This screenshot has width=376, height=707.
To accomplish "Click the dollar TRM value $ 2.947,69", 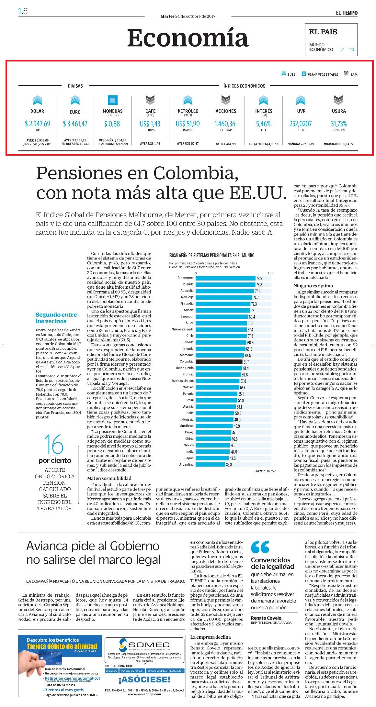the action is pos(37,124).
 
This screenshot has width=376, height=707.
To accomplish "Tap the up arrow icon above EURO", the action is pos(75,100).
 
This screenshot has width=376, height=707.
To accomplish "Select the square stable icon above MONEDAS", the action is pos(113,100).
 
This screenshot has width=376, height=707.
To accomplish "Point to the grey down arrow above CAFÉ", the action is pos(150,100).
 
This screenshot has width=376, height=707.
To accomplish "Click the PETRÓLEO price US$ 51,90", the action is pos(188,124).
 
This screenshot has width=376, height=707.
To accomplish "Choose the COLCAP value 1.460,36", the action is pos(225,124).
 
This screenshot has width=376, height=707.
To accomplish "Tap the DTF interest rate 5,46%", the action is pos(263,124).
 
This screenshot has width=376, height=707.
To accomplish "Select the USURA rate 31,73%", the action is pos(339,124).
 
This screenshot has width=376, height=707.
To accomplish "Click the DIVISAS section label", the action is pos(75,86).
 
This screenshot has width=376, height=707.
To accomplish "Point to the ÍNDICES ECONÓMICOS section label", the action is pos(244,86).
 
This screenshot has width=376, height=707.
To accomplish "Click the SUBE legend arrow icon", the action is pos(284,74).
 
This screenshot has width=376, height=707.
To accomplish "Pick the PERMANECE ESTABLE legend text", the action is pos(323,74).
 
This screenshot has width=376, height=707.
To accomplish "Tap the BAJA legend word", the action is pos(354,74).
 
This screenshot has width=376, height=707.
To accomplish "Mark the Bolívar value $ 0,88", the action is pos(112,124).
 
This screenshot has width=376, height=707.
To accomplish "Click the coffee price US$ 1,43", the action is pos(150,124).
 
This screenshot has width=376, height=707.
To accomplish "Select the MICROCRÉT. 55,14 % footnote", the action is pos(338,144).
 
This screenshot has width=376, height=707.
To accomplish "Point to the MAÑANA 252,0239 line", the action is pos(301,144).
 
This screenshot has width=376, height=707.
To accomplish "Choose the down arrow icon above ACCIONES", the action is pos(226,100).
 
